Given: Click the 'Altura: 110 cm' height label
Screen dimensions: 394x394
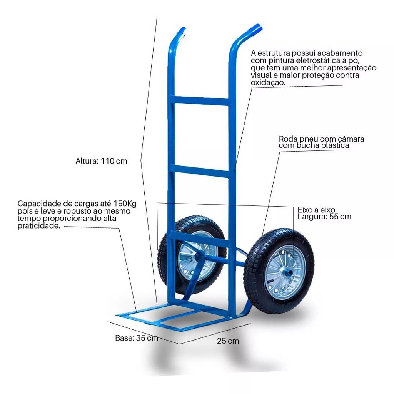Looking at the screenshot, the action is click(x=101, y=161).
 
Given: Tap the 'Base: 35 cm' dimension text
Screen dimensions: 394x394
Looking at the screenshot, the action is click(x=137, y=338).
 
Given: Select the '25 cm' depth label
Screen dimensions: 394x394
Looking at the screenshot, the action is click(x=228, y=341).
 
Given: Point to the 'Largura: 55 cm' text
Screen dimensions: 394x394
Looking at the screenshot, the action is click(x=324, y=217).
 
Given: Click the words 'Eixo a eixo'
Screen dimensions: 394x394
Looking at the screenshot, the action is click(x=316, y=210).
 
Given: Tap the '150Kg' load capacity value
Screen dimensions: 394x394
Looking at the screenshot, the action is click(x=125, y=203).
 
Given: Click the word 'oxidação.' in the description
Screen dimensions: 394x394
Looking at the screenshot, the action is click(x=268, y=82).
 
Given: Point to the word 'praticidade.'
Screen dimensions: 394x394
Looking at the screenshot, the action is click(x=39, y=225).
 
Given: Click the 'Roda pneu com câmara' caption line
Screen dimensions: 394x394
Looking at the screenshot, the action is click(x=321, y=139).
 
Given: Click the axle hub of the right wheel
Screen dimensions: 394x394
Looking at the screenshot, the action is click(x=287, y=272).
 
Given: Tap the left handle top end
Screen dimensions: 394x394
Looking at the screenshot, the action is click(x=183, y=31).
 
